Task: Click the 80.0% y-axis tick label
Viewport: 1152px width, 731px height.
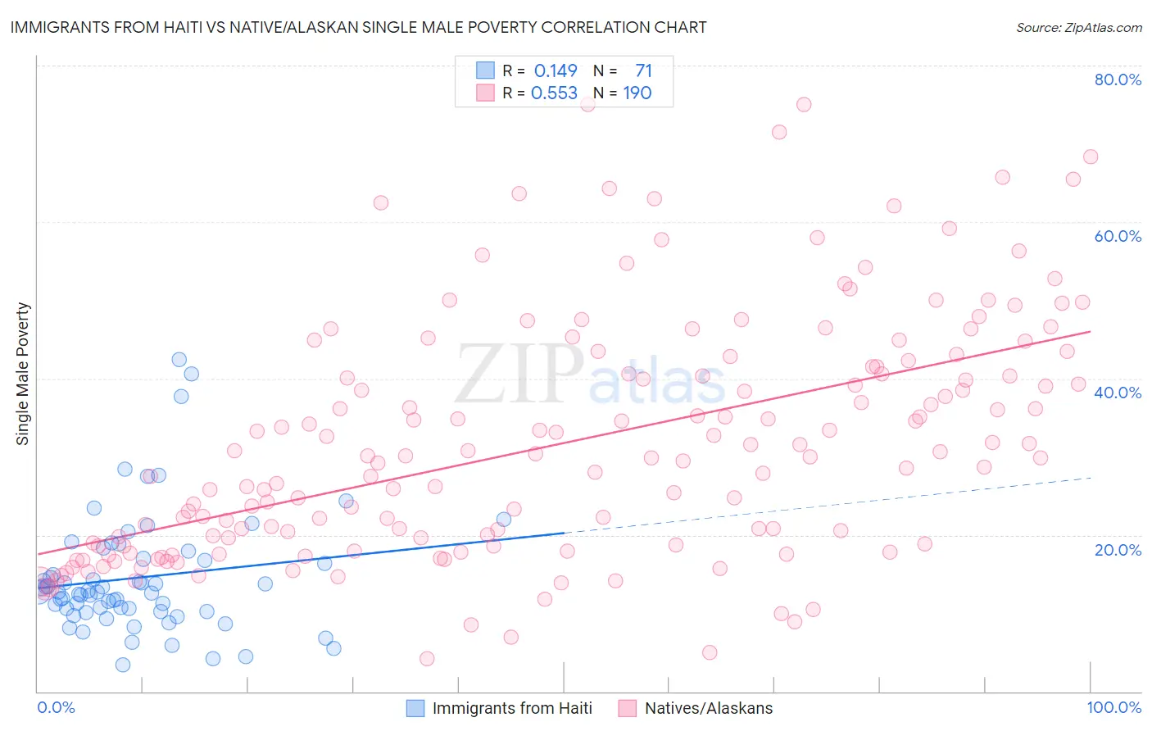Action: (x=1118, y=79)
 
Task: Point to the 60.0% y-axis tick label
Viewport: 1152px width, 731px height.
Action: (x=1118, y=236)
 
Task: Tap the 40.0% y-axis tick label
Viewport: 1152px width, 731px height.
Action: (x=1118, y=393)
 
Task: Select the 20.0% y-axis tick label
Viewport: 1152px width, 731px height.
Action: (x=1118, y=549)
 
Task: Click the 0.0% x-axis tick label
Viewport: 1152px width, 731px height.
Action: (x=56, y=708)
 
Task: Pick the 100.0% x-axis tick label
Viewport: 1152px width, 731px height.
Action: (x=1113, y=708)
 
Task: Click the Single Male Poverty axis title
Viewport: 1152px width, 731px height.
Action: (x=23, y=374)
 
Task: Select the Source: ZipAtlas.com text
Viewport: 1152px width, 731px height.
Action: (x=1078, y=27)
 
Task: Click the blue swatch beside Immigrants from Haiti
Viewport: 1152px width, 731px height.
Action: (x=415, y=708)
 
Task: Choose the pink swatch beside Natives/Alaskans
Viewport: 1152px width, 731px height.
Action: (x=628, y=708)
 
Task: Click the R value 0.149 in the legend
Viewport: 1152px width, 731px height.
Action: (x=556, y=70)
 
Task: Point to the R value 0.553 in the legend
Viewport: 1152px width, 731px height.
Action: (x=555, y=93)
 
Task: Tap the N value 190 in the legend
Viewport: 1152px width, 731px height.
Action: (x=637, y=93)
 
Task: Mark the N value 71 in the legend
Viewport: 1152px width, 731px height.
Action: (x=643, y=70)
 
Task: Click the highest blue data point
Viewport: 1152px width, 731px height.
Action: (x=179, y=359)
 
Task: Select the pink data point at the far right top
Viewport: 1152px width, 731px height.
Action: (x=1090, y=157)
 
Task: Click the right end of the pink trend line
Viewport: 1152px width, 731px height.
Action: (x=1090, y=331)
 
